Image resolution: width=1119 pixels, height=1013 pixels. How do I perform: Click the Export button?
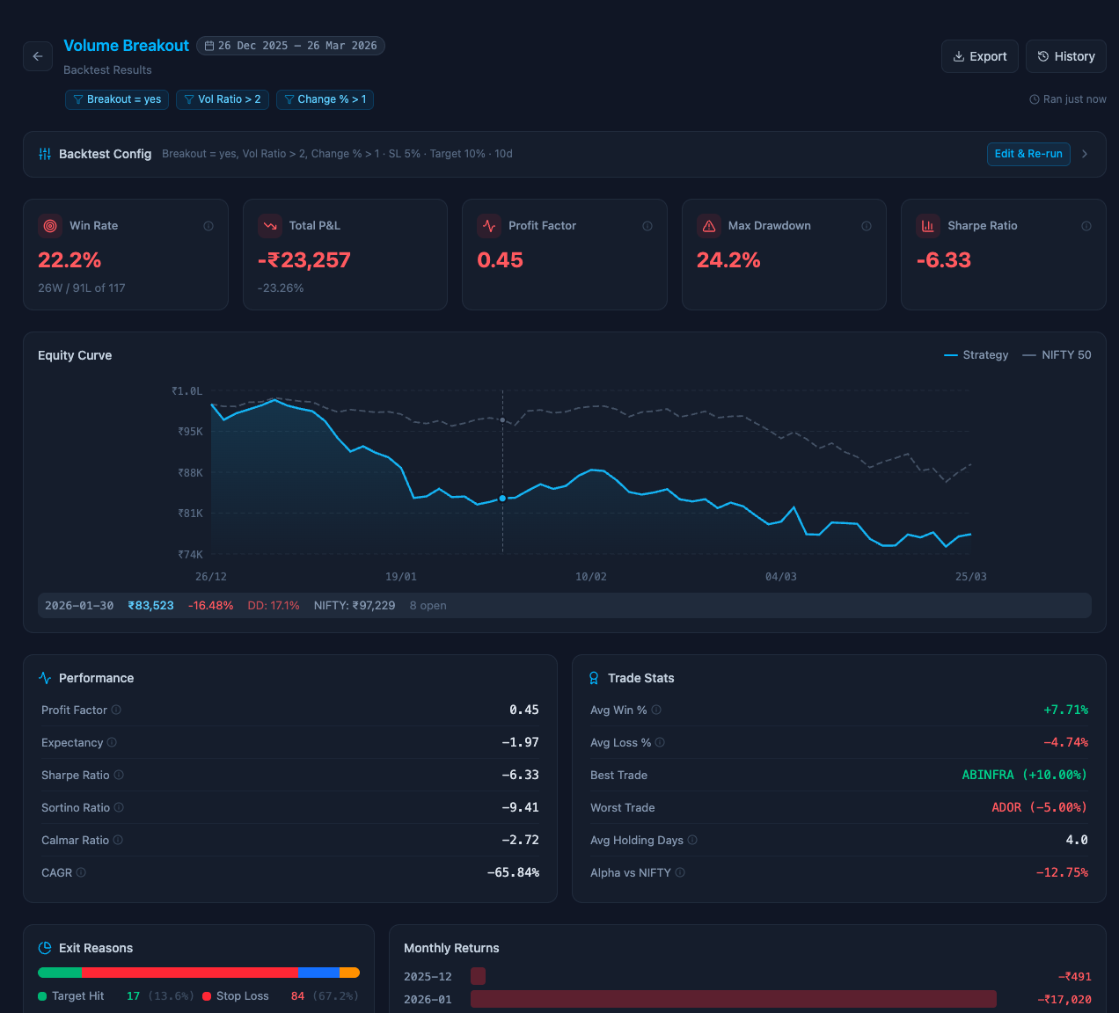point(979,56)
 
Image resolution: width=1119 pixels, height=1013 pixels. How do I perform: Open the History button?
point(1065,56)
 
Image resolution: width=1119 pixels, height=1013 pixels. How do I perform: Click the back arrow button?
point(38,56)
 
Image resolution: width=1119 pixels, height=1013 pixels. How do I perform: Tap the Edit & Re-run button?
point(1028,154)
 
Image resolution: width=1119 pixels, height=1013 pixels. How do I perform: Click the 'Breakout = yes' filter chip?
point(117,99)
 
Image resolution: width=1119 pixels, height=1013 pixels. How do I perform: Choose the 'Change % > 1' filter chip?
point(325,99)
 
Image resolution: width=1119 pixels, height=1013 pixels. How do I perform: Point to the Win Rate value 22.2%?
point(69,260)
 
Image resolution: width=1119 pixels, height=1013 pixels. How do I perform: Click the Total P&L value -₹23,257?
point(304,260)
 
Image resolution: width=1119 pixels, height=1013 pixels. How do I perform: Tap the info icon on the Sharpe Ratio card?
point(1086,226)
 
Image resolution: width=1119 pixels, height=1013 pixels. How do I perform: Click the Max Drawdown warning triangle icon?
point(709,226)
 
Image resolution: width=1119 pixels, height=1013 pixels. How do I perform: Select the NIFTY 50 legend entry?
point(1057,355)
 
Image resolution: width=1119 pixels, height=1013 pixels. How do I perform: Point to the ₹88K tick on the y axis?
point(190,473)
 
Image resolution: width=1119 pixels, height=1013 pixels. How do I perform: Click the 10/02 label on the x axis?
point(590,577)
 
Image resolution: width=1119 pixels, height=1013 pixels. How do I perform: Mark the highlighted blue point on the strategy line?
point(502,499)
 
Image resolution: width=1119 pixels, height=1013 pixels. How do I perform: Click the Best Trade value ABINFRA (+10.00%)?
point(1024,775)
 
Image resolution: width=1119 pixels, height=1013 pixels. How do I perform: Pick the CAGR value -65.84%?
point(513,872)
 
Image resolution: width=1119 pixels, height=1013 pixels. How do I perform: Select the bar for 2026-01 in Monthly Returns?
point(733,999)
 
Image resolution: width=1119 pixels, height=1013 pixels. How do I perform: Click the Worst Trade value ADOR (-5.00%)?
point(1039,807)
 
